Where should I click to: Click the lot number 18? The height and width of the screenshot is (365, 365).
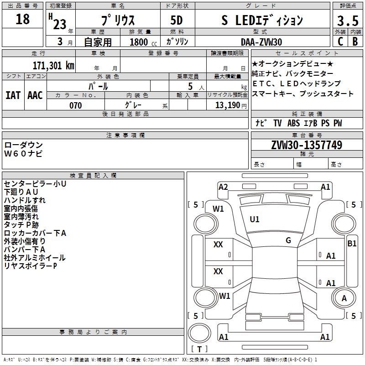(22, 19)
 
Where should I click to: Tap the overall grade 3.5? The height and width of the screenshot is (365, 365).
(348, 21)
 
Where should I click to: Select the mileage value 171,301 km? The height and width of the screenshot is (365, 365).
(53, 65)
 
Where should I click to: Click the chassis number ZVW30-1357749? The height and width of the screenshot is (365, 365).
(307, 145)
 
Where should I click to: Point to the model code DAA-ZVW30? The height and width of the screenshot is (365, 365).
(261, 42)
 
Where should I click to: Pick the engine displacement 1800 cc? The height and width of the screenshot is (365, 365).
(143, 42)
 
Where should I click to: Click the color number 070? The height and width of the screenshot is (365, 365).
(76, 105)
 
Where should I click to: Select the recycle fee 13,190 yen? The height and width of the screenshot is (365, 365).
(231, 105)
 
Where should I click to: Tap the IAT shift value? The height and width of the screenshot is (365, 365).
(13, 95)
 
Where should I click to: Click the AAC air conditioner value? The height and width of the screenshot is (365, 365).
(35, 95)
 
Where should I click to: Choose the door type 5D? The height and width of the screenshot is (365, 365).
(177, 20)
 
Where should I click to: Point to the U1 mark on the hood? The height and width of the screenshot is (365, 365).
(255, 219)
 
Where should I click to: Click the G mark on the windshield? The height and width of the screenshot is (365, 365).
(288, 240)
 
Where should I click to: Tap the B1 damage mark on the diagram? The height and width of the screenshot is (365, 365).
(352, 244)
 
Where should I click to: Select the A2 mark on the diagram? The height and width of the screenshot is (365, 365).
(223, 187)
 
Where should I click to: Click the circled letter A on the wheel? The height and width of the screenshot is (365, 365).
(344, 298)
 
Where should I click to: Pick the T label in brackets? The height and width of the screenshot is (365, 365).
(199, 349)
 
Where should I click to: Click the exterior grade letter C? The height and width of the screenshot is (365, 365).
(340, 42)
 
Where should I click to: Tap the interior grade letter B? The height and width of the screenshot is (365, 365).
(355, 42)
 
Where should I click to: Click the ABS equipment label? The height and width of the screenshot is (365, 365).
(293, 123)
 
